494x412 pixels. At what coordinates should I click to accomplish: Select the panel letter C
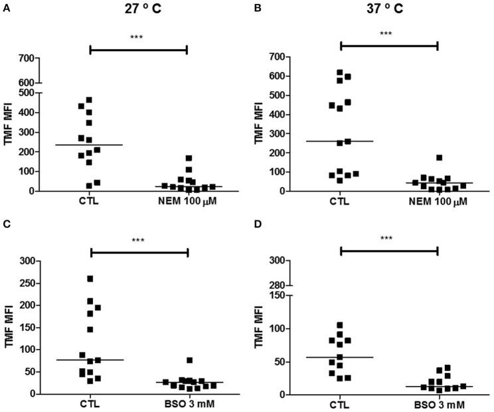pyautogui.click(x=6, y=222)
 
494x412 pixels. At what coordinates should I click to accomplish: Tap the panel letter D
pyautogui.click(x=256, y=222)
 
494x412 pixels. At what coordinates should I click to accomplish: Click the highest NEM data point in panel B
pyautogui.click(x=439, y=158)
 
